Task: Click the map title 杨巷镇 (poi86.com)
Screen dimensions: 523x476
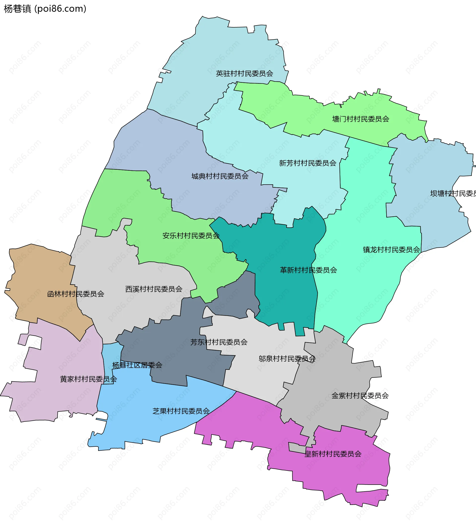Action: [x=45, y=9]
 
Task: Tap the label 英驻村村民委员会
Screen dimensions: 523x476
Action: [x=244, y=74]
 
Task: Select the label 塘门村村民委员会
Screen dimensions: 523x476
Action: [x=360, y=119]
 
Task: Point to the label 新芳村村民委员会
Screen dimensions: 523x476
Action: [x=308, y=163]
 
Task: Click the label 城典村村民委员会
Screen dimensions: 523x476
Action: [x=220, y=176]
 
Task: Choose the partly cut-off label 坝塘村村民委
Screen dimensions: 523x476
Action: [x=453, y=193]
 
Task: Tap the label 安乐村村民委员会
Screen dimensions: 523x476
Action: [x=191, y=236]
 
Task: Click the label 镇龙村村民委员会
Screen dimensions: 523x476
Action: [x=391, y=250]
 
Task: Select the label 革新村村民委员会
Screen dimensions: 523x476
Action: [x=308, y=270]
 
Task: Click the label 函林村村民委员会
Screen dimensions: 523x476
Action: [x=76, y=294]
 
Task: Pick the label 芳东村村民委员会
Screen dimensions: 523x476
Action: [x=219, y=342]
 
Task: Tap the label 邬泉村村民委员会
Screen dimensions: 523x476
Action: [x=287, y=359]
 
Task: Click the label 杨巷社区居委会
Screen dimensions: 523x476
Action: [x=137, y=365]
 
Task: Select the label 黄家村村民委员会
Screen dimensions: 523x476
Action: [x=88, y=379]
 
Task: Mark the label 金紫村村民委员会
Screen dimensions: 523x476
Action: [x=360, y=396]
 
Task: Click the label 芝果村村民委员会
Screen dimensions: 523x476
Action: [x=181, y=411]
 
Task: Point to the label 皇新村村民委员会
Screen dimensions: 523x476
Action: [x=333, y=454]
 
